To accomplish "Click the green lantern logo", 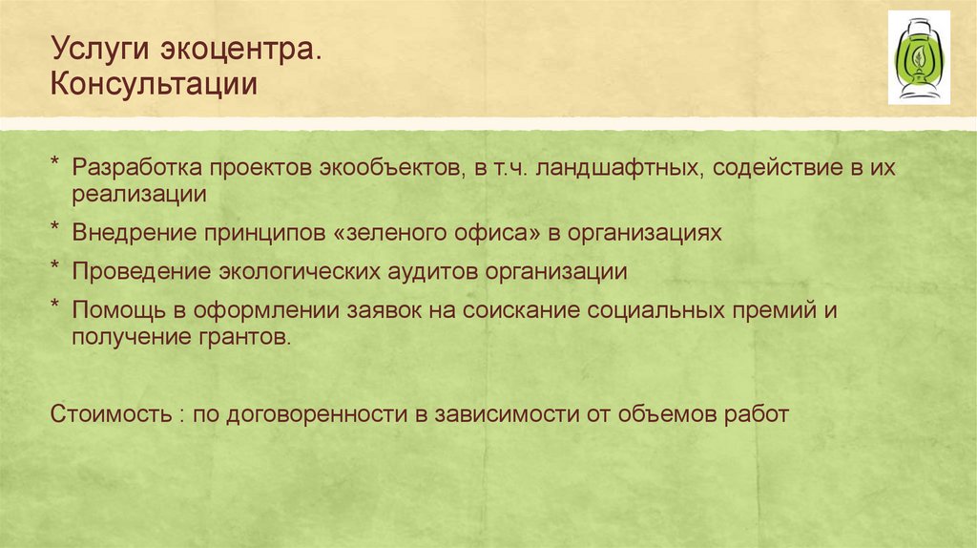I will (x=919, y=56).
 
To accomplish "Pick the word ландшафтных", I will (x=595, y=167).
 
